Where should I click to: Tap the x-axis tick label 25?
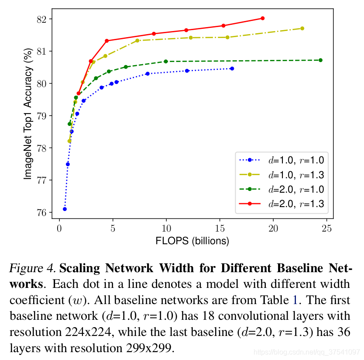327,228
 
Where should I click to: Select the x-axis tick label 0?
59,228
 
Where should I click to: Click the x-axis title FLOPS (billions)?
192,241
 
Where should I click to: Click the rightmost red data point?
262,18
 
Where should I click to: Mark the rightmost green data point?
321,60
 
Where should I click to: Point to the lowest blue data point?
65,209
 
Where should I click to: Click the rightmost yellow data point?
302,28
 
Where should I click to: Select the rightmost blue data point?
232,69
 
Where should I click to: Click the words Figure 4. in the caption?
32,267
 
